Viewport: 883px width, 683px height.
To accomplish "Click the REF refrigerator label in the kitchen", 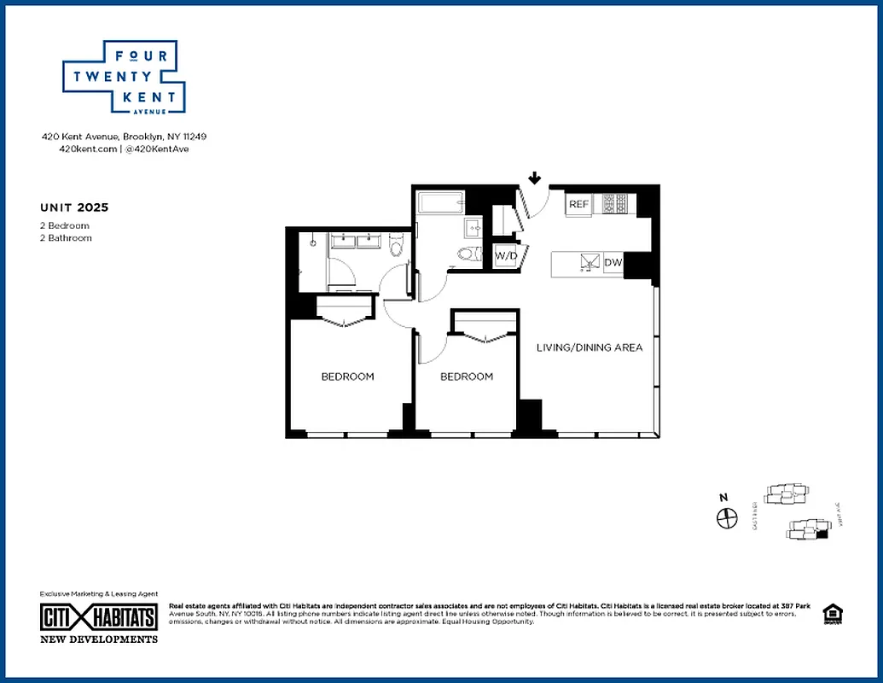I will [x=579, y=204].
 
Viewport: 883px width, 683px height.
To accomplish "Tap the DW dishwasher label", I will [x=613, y=263].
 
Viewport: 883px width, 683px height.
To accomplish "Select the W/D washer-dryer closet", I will [x=505, y=254].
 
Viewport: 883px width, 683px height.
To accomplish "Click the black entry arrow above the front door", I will [x=534, y=178].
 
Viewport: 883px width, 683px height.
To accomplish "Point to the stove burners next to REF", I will [x=615, y=204].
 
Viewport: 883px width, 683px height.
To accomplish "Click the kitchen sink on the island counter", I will [x=587, y=263].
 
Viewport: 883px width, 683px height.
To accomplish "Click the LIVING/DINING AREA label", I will [x=589, y=347].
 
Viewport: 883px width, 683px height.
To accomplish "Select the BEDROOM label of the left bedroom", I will [x=347, y=377].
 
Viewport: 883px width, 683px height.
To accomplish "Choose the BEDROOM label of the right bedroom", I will [x=467, y=377].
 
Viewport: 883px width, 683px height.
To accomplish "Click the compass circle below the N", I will [x=726, y=517].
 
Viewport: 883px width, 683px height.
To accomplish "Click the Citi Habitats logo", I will [x=99, y=617].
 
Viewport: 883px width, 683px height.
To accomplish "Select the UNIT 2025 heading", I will [x=74, y=207].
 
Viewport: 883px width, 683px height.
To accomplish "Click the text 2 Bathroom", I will [x=66, y=238].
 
